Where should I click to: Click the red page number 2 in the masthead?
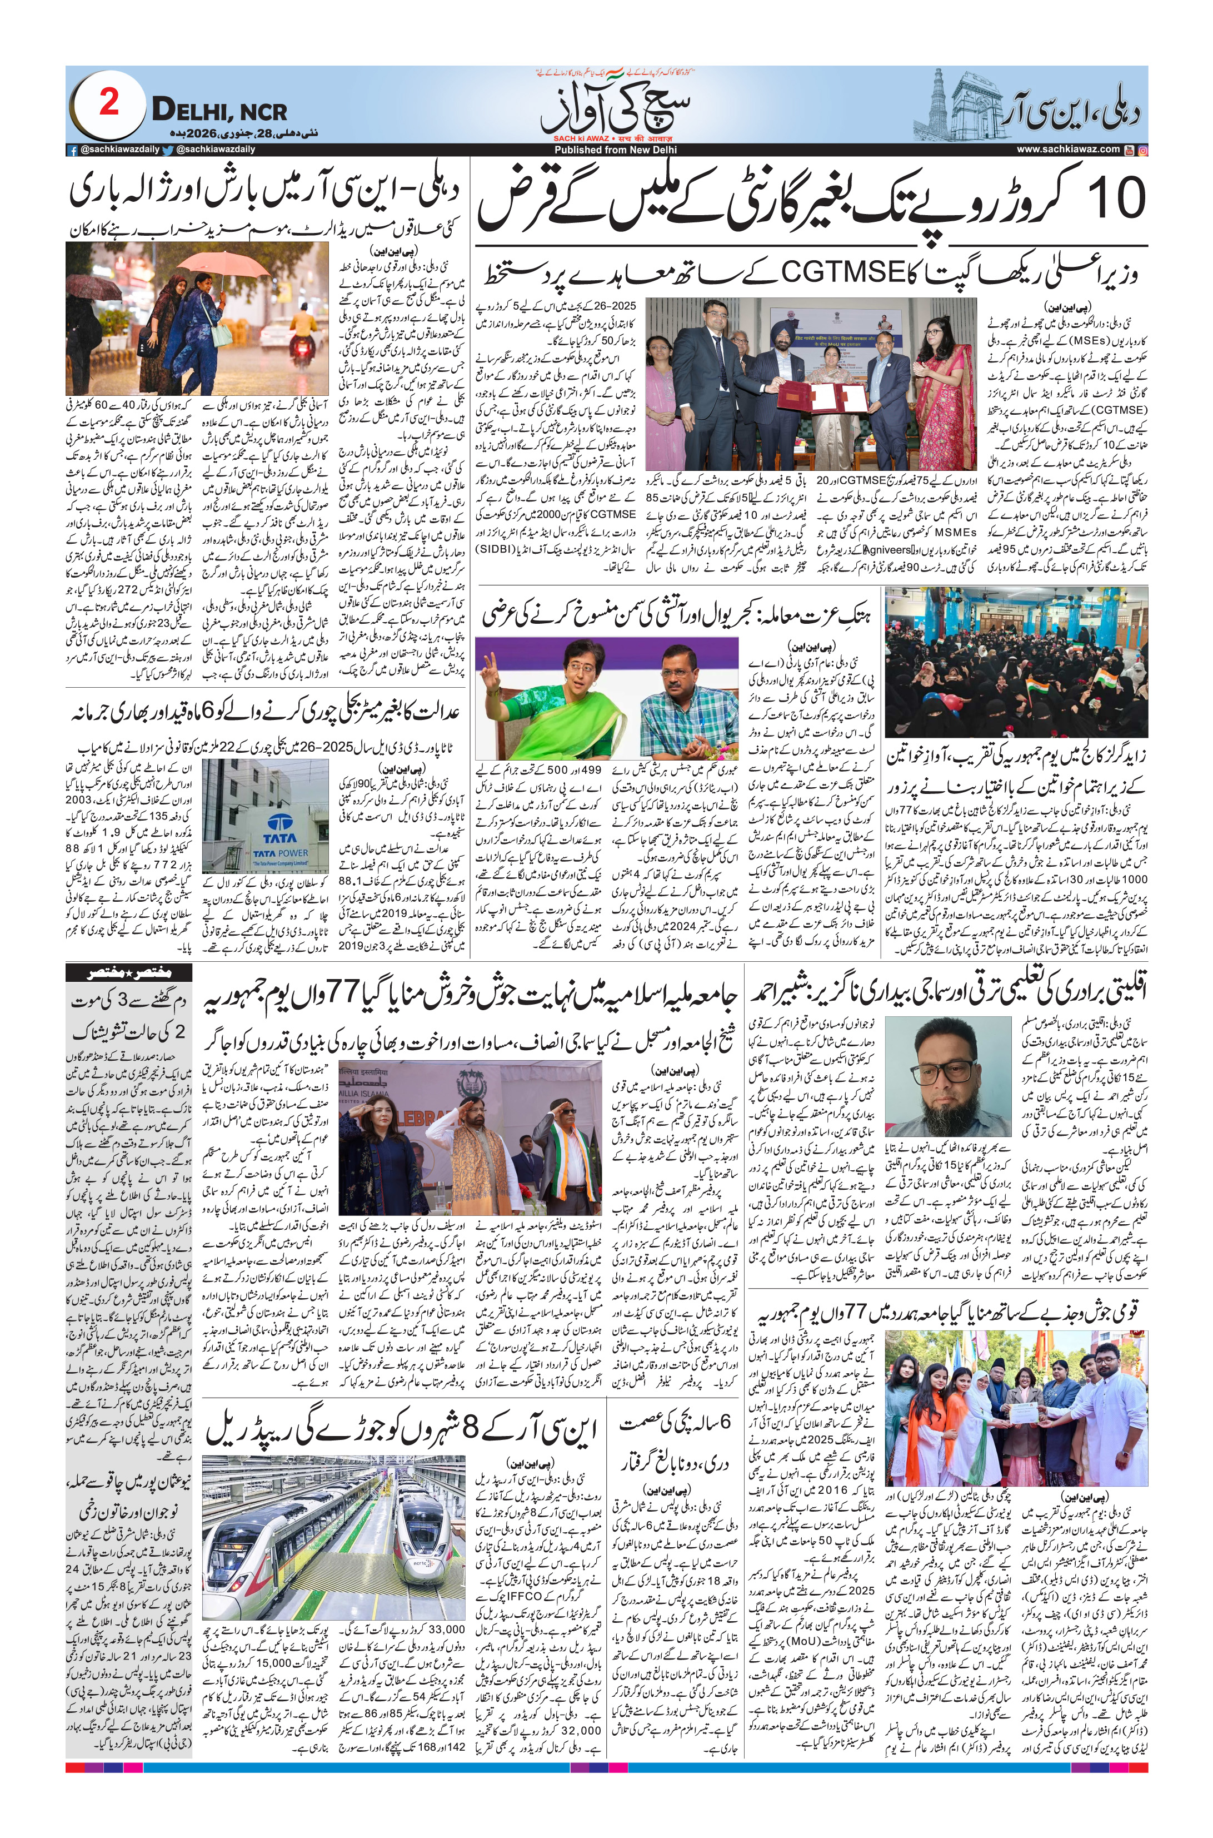(109, 102)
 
